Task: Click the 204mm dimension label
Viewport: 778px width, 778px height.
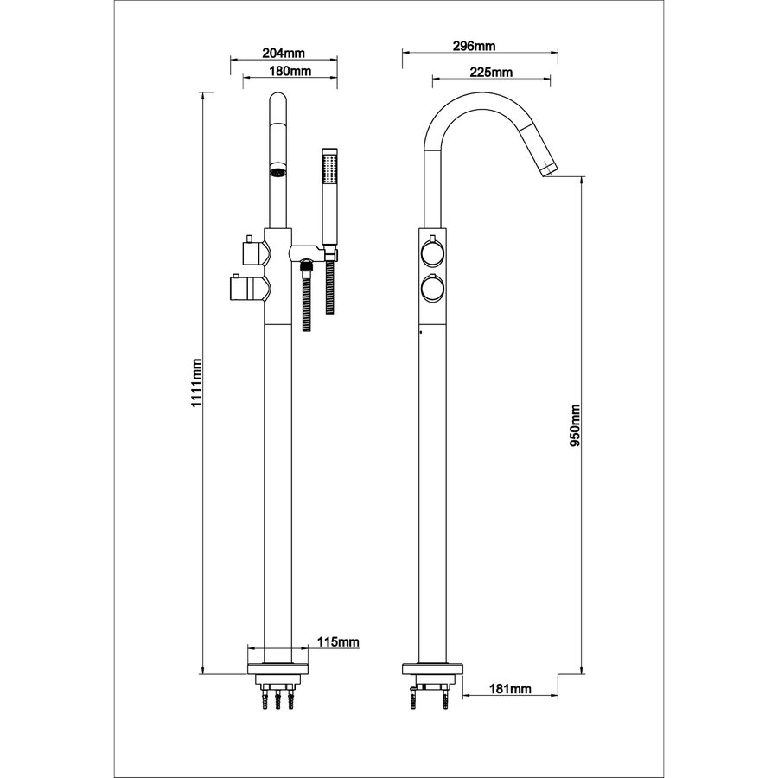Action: [x=282, y=51]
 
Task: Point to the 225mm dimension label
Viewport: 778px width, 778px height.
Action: [x=490, y=72]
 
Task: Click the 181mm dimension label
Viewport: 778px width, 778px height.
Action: [x=509, y=689]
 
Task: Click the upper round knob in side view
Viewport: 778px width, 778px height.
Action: [x=431, y=252]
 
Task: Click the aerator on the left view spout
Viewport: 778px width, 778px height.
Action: [x=277, y=172]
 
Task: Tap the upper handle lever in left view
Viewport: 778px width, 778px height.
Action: [x=254, y=251]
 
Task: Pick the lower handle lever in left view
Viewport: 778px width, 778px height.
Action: [x=246, y=287]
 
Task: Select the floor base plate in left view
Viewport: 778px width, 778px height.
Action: [x=277, y=668]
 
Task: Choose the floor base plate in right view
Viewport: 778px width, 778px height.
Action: [x=433, y=668]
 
